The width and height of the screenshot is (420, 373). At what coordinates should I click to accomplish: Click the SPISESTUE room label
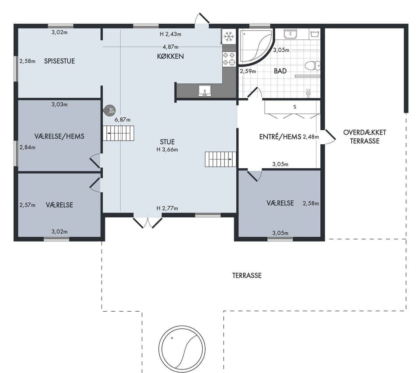pyautogui.click(x=59, y=61)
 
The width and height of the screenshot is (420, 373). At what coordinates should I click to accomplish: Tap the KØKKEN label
pyautogui.click(x=170, y=57)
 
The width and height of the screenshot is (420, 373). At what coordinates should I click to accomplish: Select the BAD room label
pyautogui.click(x=280, y=71)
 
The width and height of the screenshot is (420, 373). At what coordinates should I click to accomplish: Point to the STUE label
pyautogui.click(x=167, y=142)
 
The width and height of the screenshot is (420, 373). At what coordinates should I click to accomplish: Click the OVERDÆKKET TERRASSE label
pyautogui.click(x=364, y=137)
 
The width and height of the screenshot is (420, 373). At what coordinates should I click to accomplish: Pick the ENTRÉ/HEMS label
pyautogui.click(x=280, y=137)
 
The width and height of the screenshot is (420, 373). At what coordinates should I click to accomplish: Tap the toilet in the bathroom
pyautogui.click(x=312, y=65)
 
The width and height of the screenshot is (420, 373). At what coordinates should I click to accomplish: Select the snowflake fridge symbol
pyautogui.click(x=228, y=36)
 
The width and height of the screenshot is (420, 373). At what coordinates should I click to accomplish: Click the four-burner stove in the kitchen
pyautogui.click(x=229, y=59)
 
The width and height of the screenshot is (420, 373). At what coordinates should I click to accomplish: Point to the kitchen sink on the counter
pyautogui.click(x=205, y=91)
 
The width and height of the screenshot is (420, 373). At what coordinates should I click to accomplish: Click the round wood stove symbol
pyautogui.click(x=110, y=110)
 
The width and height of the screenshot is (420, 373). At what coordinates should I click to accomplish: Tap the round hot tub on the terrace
pyautogui.click(x=182, y=349)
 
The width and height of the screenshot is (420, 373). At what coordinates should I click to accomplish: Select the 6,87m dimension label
pyautogui.click(x=122, y=120)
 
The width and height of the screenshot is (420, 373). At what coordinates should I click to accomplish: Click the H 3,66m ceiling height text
pyautogui.click(x=167, y=150)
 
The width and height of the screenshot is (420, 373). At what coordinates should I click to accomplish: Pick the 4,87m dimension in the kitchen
pyautogui.click(x=170, y=47)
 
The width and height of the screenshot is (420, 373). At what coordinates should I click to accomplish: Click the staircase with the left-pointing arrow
pyautogui.click(x=119, y=133)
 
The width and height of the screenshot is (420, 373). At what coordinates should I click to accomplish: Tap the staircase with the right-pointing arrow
pyautogui.click(x=220, y=159)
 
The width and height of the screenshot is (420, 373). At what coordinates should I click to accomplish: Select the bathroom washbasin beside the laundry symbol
pyautogui.click(x=290, y=34)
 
